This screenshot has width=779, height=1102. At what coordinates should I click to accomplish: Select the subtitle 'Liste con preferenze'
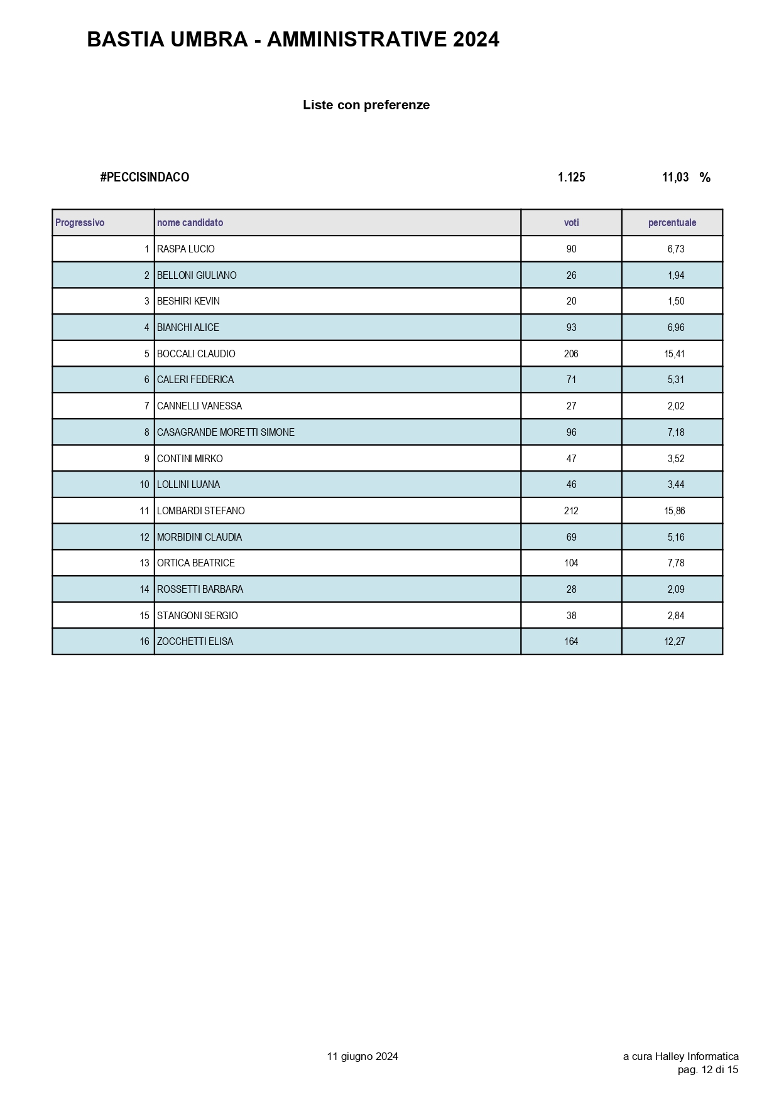366,105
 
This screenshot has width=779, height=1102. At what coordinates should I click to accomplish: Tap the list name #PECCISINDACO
144,178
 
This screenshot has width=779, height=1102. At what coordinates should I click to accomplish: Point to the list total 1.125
571,178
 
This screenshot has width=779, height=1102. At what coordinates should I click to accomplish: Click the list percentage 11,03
675,178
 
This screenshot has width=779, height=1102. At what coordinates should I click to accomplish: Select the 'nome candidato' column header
190,223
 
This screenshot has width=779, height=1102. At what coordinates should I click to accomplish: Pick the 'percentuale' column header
672,223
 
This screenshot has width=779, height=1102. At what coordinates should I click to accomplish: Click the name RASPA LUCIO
186,249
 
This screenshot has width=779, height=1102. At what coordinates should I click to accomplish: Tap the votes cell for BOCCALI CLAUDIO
571,354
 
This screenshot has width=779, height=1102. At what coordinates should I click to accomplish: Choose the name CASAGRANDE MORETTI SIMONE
226,433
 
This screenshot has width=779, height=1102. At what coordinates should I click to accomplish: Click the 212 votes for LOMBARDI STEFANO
571,511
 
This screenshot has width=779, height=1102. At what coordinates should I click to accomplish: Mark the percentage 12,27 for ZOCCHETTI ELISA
675,642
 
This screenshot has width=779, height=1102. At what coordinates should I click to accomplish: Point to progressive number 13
144,563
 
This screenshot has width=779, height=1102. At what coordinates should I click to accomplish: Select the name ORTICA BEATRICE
196,563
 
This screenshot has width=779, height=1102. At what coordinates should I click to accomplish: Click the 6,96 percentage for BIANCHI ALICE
676,328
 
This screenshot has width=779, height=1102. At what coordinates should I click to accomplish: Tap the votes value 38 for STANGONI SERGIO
571,616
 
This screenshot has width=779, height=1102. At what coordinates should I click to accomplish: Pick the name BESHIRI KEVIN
188,301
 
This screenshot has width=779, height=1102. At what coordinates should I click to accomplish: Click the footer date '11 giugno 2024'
362,1057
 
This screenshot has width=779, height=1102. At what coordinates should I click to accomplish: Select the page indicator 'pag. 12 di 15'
708,1070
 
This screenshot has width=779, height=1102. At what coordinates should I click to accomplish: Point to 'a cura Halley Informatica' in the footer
680,1057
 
